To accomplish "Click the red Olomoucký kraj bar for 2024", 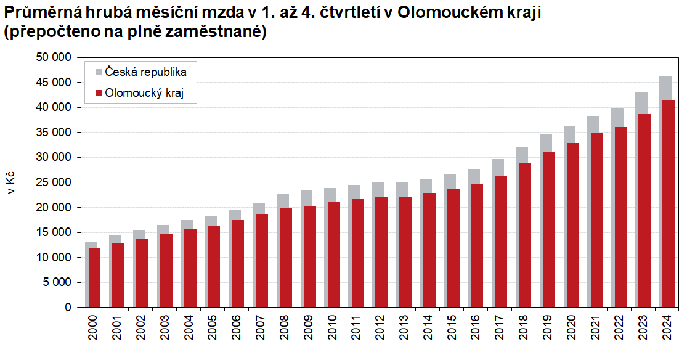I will (667, 203).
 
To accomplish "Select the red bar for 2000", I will (94, 277).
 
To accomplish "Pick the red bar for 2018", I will (524, 235).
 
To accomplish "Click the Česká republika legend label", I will (145, 72).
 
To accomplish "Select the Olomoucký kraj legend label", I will (145, 94).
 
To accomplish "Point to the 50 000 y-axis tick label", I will (55, 57).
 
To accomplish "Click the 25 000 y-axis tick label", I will (55, 182).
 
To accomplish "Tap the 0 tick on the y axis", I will (68, 308).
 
